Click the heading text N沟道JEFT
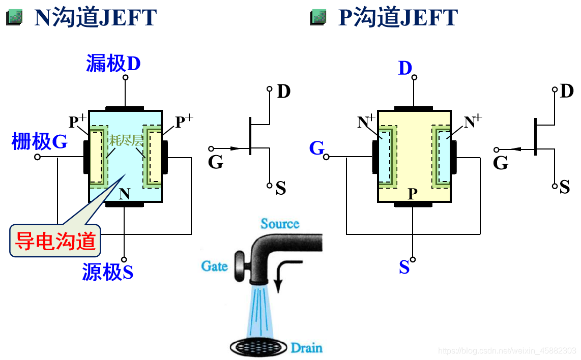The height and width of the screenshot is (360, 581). click(95, 18)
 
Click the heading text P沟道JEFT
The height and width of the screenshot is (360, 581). click(398, 18)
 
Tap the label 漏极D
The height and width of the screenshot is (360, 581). click(113, 64)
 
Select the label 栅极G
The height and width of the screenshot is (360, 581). click(39, 142)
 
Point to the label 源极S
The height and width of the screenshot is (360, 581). click(107, 272)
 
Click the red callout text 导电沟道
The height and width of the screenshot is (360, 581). click(55, 241)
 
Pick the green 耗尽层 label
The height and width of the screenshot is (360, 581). click(126, 140)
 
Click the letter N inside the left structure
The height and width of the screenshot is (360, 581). click(125, 193)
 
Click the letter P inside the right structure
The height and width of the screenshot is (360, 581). click(413, 194)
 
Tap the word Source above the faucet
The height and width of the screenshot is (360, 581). click(280, 223)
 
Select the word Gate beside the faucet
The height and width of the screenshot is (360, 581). click(214, 265)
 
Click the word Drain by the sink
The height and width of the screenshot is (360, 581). click(306, 348)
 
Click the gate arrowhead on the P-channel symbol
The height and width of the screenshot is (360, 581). click(515, 149)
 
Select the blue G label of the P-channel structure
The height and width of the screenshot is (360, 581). click(316, 148)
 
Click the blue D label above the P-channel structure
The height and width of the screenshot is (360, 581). click(404, 68)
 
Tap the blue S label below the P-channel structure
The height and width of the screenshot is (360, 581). click(404, 267)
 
